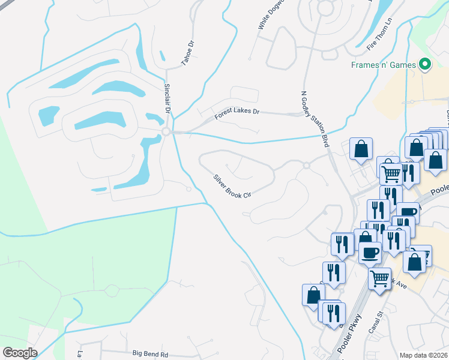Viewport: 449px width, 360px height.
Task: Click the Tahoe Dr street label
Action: [188, 53]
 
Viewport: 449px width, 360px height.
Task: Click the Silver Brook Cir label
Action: [231, 187]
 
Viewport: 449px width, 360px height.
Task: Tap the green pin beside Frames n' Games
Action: [426, 64]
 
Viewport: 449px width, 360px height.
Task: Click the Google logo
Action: [20, 353]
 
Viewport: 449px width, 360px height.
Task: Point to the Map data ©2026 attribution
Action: [423, 355]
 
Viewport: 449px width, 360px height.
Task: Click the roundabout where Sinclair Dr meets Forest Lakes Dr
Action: [166, 131]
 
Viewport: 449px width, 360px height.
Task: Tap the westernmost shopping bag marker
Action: [313, 294]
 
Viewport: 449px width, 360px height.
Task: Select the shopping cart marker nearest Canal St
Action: [379, 277]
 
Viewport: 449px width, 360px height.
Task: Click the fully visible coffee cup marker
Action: [370, 252]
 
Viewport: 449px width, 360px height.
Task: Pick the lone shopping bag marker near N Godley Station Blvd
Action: [361, 149]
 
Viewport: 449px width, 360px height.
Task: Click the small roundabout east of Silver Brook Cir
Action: [306, 165]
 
